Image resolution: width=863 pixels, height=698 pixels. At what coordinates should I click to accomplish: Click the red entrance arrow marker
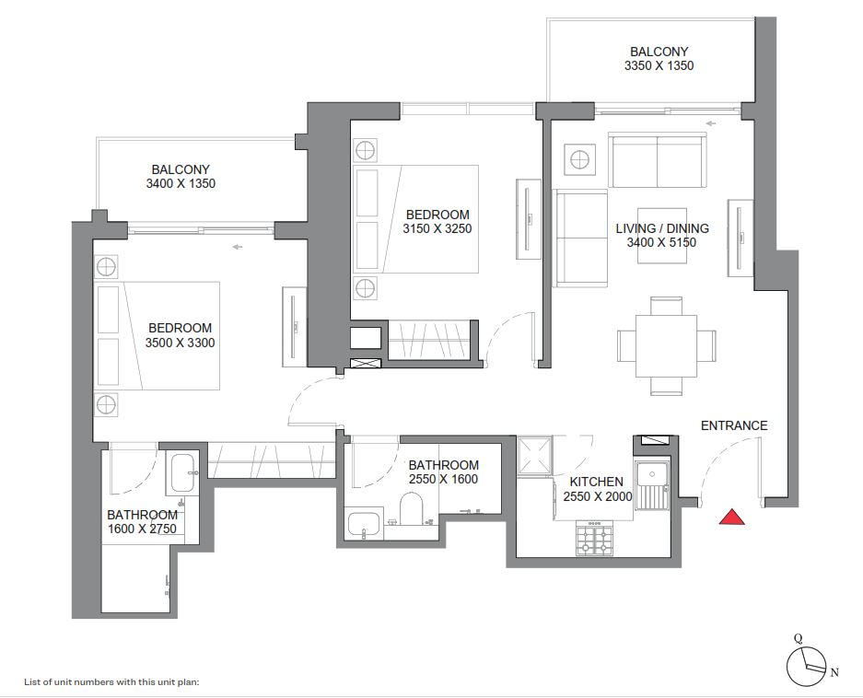[x=731, y=518]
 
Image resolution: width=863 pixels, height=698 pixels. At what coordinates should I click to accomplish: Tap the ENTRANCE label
[x=734, y=425]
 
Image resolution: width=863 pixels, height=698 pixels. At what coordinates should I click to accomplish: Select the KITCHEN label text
[x=596, y=482]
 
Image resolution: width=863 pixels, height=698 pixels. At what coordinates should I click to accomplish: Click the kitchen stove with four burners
[x=594, y=539]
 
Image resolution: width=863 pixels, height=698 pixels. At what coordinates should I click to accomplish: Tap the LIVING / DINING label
[x=662, y=228]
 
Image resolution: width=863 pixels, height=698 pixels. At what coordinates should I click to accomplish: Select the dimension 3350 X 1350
[x=659, y=66]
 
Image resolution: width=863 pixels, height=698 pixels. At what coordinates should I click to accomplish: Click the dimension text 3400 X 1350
[x=181, y=184]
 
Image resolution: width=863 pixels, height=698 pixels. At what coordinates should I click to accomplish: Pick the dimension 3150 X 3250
[x=437, y=229]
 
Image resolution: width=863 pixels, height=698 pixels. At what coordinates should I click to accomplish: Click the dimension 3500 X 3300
[x=181, y=343]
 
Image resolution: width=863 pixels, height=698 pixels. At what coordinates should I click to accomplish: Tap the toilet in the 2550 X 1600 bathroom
[x=411, y=507]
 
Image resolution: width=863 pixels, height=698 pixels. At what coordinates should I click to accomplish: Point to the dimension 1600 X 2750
[x=142, y=529]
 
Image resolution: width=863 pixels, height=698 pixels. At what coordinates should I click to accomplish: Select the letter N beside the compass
[x=834, y=673]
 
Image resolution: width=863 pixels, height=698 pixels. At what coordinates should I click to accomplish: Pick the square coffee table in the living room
[x=662, y=236]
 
